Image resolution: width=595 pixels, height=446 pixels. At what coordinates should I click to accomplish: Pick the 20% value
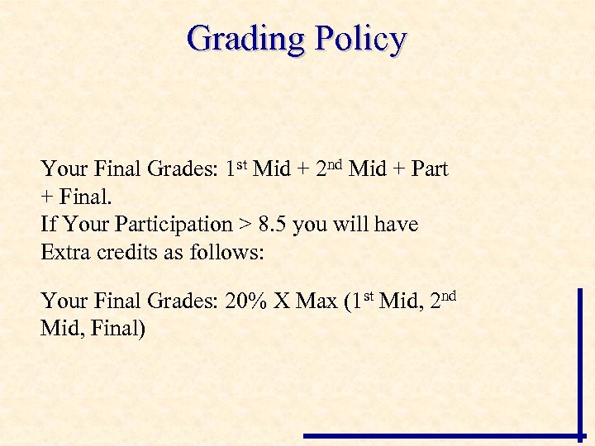click(x=247, y=301)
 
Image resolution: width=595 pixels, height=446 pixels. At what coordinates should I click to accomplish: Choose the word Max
click(x=317, y=301)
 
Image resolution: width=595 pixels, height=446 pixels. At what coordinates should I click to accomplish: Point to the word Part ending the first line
click(x=430, y=169)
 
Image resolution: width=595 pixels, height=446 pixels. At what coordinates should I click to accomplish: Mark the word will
click(x=351, y=225)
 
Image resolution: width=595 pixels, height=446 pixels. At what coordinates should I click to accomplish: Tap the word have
click(x=396, y=225)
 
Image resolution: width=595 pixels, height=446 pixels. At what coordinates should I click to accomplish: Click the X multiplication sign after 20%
click(x=282, y=301)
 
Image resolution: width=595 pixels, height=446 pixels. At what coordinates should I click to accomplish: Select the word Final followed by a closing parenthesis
click(x=118, y=330)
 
